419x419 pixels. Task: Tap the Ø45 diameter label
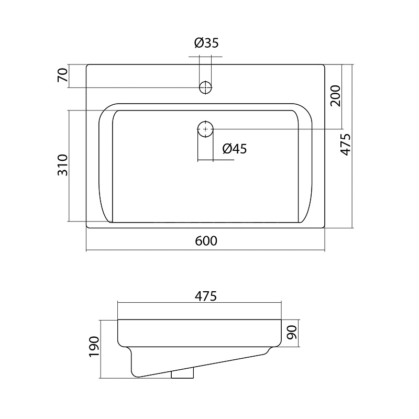coord(234,149)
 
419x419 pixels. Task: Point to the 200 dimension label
coord(335,96)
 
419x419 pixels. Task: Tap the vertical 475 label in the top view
coord(345,145)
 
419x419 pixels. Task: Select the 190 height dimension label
coord(94,347)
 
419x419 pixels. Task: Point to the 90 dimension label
coord(292,332)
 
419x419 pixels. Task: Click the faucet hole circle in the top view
coord(205,87)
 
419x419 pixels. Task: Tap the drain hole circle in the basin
coord(205,128)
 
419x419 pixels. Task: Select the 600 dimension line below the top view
coord(206,250)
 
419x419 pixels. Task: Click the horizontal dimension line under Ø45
coord(215,160)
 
